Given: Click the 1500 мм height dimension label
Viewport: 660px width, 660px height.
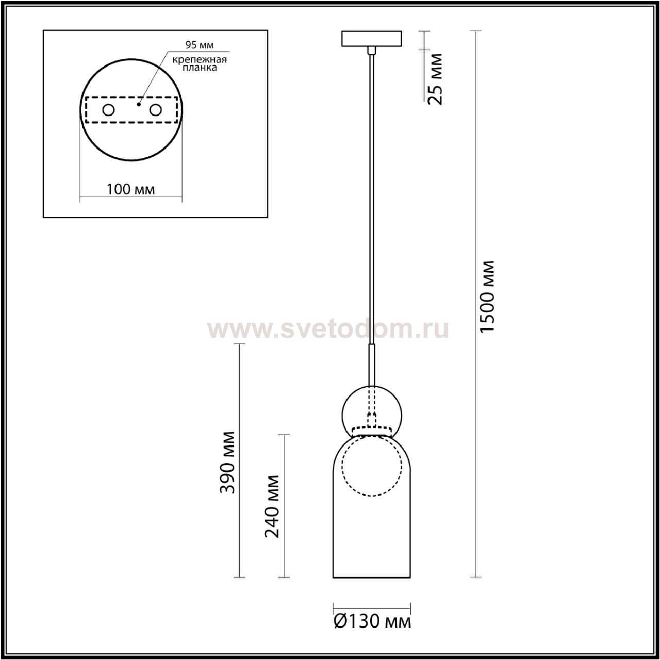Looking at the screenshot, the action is pyautogui.click(x=487, y=296).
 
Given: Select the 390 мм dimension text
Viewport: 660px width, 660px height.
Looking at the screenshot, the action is pyautogui.click(x=227, y=463).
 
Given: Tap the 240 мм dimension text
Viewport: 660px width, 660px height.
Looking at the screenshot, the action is pyautogui.click(x=272, y=506).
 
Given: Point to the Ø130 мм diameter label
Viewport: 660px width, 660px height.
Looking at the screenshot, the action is pyautogui.click(x=372, y=621).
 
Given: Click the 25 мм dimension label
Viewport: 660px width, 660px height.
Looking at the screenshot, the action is pyautogui.click(x=435, y=79).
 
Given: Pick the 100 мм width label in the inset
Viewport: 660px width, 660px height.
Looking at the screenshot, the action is pyautogui.click(x=131, y=189).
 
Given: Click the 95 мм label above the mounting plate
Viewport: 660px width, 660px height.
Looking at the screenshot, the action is pyautogui.click(x=200, y=45).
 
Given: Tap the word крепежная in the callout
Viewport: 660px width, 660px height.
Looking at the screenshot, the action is pyautogui.click(x=200, y=60).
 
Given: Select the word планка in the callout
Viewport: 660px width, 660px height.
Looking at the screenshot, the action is pyautogui.click(x=200, y=68).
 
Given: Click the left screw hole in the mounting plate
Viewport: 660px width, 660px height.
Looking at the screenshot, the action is pyautogui.click(x=109, y=110).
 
